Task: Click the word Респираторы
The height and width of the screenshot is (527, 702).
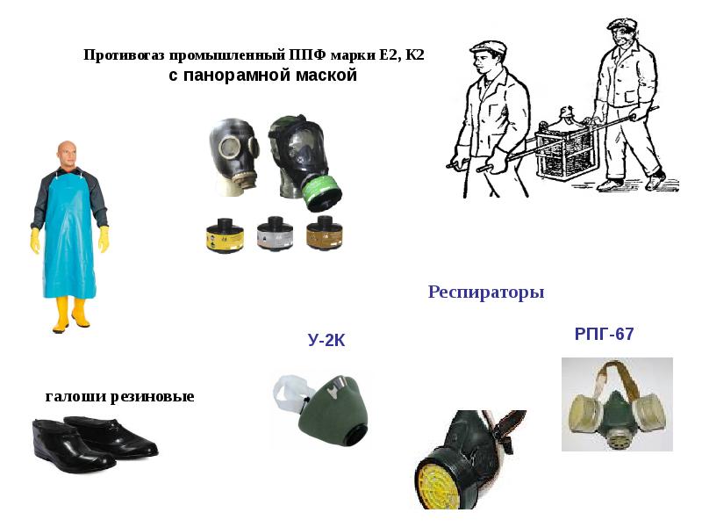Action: pyautogui.click(x=486, y=292)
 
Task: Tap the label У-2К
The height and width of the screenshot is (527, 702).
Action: pyautogui.click(x=326, y=341)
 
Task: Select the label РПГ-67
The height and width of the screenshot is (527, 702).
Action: pyautogui.click(x=604, y=334)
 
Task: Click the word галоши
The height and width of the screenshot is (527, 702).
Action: pyautogui.click(x=75, y=396)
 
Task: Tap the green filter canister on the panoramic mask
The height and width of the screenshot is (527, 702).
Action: pyautogui.click(x=321, y=193)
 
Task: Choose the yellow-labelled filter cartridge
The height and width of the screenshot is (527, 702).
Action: pyautogui.click(x=225, y=235)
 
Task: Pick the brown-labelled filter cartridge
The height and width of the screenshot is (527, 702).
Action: pyautogui.click(x=325, y=233)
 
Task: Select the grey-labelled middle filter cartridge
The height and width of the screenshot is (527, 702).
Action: pyautogui.click(x=275, y=234)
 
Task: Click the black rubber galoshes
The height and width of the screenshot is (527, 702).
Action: pyautogui.click(x=95, y=444)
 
